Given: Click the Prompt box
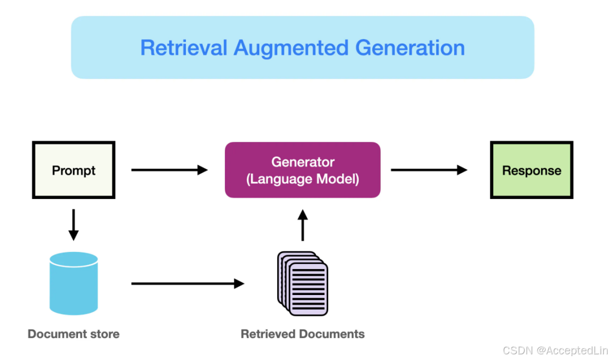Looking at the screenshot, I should coord(73,170).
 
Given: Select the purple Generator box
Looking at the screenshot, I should coord(302,170).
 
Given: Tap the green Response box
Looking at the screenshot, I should coord(531,170).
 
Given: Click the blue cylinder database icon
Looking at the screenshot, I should coord(73,283).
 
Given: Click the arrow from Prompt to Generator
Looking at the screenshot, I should coord(169,170).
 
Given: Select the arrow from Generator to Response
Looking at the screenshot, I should coord(429,170).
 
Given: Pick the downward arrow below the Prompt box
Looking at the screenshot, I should coord(73,224).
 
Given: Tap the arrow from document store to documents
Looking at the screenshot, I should coord(188,284).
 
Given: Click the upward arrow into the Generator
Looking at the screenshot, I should coord(303,225).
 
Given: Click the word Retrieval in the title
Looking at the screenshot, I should coord(184,47).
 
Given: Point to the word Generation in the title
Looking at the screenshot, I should coord(410,47).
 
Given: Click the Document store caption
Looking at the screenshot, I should coord(73,334).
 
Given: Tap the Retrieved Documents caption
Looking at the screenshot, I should coord(303,334).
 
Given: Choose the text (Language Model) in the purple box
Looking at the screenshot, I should coord(303,179).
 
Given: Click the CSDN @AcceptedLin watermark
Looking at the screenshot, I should coord(555,350).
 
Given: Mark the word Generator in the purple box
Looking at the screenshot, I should coord(303,162).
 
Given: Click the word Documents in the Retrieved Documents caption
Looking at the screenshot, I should coord(330,334).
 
